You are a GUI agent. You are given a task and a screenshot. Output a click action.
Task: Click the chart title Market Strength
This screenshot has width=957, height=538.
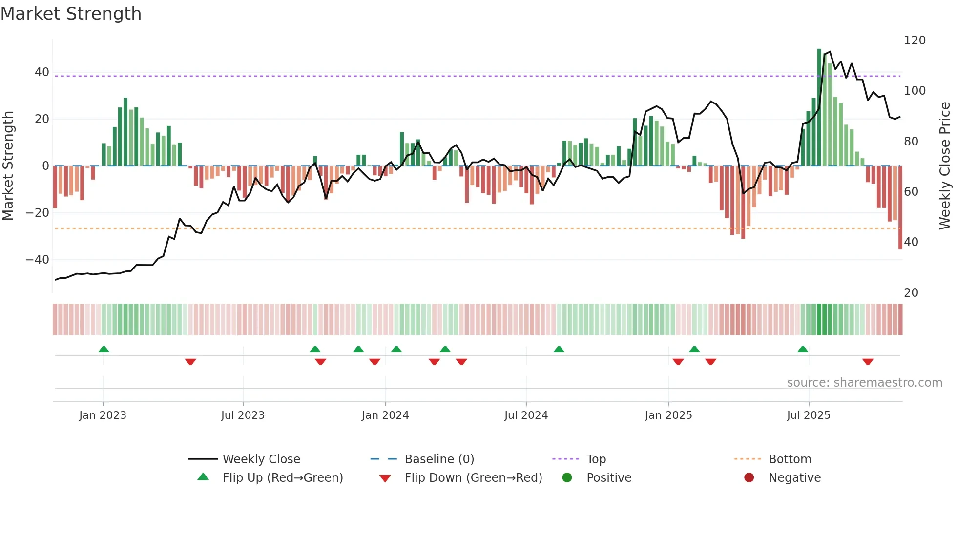tap(71, 14)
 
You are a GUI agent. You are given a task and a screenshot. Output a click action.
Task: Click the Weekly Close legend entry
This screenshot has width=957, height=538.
tap(261, 459)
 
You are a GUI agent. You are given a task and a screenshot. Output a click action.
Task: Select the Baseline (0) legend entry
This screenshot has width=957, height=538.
tap(439, 459)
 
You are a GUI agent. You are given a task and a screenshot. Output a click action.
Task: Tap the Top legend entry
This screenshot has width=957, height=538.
tap(596, 459)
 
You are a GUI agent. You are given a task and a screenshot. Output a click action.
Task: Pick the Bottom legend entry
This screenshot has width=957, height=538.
tap(790, 459)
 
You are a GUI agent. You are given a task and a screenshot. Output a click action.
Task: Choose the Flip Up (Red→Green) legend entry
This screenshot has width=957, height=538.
tap(282, 477)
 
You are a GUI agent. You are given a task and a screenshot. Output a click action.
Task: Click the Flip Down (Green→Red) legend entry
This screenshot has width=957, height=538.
tap(473, 477)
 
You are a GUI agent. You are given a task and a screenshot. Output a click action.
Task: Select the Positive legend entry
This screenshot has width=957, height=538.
tap(608, 477)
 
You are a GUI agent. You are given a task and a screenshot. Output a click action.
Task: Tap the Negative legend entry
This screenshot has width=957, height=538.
tap(794, 477)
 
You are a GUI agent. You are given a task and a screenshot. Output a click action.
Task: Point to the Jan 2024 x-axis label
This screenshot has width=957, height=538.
tap(385, 415)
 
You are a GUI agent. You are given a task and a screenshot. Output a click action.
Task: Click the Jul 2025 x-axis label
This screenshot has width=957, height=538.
tap(808, 415)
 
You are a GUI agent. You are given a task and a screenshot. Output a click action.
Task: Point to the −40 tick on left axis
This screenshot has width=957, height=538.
tap(38, 260)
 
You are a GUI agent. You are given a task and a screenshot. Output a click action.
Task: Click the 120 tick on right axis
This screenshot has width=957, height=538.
tap(914, 41)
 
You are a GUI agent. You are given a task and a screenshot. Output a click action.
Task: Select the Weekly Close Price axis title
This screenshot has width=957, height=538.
tap(945, 166)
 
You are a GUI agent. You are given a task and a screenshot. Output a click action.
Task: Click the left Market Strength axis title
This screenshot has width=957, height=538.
tap(8, 166)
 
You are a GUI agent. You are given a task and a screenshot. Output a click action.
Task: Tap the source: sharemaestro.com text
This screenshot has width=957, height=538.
tap(864, 383)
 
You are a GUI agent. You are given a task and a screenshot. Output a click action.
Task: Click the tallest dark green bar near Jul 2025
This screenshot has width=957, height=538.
tap(819, 107)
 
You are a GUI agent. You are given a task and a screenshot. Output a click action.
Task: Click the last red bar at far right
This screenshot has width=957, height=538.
tap(900, 207)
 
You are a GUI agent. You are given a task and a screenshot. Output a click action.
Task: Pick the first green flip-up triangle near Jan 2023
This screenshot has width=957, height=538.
tap(104, 349)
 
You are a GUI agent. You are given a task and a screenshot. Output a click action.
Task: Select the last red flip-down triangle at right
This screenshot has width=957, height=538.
tap(867, 362)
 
